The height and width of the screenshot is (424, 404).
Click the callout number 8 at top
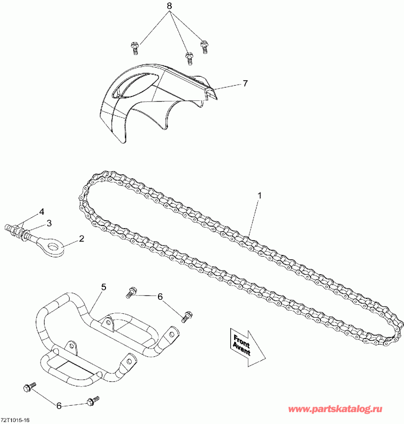169,6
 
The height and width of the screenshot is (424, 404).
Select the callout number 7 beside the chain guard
245,83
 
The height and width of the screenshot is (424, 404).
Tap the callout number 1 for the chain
259,195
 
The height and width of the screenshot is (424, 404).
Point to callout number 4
42,211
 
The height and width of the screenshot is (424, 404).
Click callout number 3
49,223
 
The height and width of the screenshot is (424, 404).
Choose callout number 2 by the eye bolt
81,238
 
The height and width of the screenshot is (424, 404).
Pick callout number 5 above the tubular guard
103,287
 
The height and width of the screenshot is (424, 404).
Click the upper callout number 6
160,297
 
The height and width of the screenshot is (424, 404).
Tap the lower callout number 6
59,406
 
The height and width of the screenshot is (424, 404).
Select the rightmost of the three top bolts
204,47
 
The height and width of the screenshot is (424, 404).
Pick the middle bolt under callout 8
189,59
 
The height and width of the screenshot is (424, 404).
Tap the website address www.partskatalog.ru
335,409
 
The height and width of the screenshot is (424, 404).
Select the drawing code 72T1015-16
15,420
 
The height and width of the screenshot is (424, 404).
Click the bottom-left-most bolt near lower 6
30,387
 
